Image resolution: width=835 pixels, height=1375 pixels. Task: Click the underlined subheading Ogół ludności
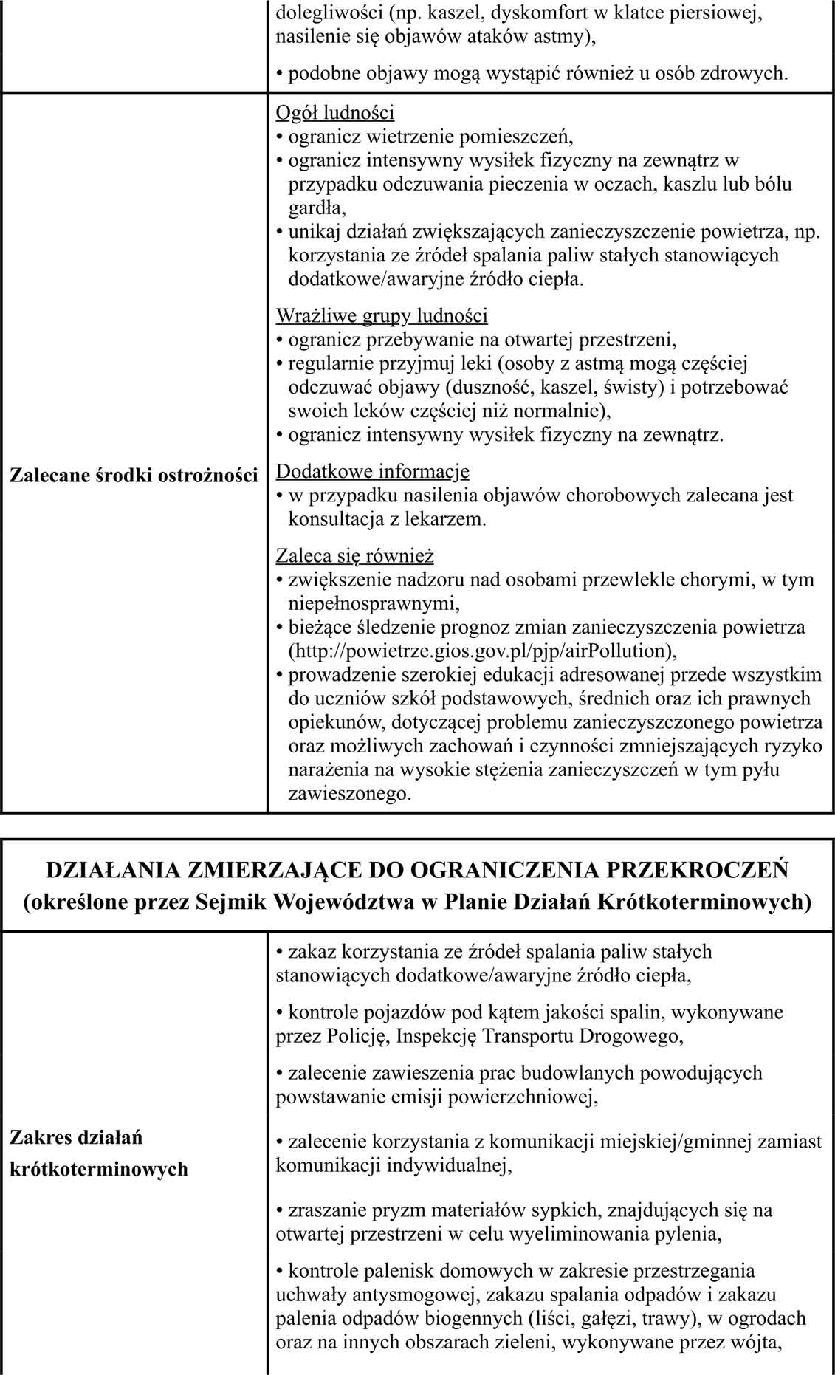(x=334, y=112)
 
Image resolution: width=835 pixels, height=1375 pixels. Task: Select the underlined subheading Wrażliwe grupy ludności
(x=381, y=316)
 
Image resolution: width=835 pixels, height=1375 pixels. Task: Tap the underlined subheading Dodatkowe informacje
(x=372, y=471)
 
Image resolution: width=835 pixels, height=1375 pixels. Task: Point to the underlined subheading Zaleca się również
(x=354, y=555)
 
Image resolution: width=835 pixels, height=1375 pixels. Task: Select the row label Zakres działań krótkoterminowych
(x=99, y=1153)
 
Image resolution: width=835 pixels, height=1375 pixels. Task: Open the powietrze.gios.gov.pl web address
(x=481, y=651)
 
